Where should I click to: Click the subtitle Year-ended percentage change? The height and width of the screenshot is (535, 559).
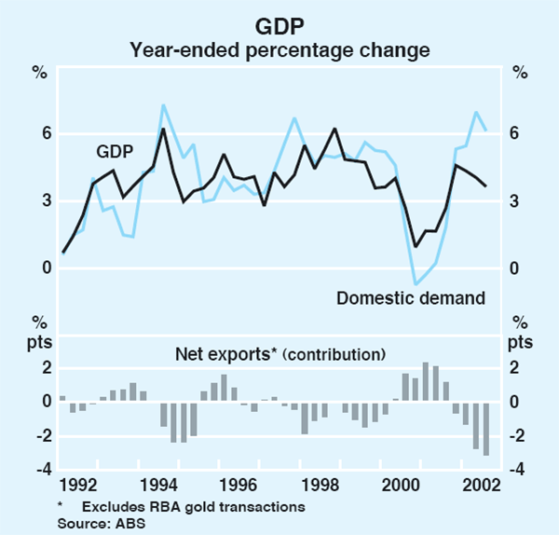tap(279, 47)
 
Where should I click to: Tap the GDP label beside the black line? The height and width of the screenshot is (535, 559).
tap(116, 152)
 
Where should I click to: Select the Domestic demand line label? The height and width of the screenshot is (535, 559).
tap(411, 299)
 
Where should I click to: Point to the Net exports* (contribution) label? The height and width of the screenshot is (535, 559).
tap(280, 354)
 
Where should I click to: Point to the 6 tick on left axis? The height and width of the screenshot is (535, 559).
tap(42, 134)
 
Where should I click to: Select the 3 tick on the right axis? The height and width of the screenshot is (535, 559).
tap(514, 201)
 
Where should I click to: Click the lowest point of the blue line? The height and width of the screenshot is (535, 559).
tap(416, 284)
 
